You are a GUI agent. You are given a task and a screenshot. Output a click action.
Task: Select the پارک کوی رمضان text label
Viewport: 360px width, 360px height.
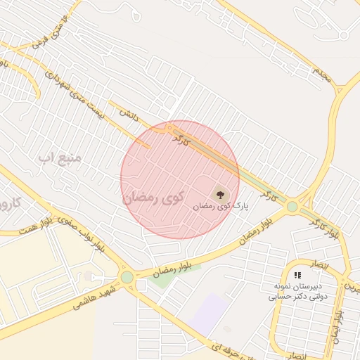click(221, 207)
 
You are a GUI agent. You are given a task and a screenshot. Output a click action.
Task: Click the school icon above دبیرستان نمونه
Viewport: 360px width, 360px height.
click(297, 275)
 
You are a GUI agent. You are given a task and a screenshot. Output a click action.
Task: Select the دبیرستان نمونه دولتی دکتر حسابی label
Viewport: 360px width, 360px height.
click(295, 292)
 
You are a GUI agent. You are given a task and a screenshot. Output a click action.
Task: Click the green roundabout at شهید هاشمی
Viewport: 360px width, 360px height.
click(127, 278)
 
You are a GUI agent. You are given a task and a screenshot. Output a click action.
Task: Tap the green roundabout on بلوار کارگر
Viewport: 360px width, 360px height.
click(292, 207)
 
